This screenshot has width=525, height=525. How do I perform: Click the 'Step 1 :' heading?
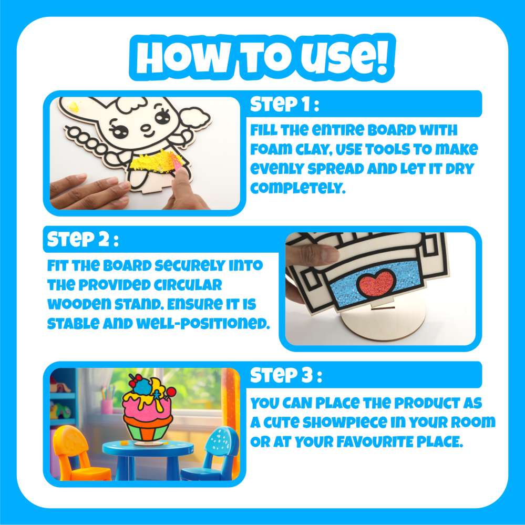[285, 104]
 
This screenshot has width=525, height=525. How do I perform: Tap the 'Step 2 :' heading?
[83, 240]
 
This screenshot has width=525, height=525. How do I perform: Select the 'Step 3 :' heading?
[286, 375]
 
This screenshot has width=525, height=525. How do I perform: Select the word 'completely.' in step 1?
[297, 188]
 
